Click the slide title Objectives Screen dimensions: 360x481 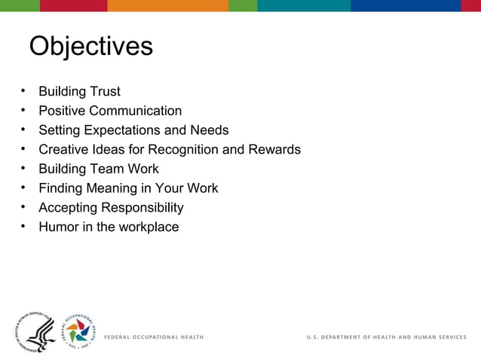pos(90,47)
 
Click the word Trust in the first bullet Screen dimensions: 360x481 pos(105,92)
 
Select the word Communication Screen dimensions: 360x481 pos(133,111)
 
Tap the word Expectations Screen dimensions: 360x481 pos(127,130)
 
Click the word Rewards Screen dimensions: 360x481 pos(275,150)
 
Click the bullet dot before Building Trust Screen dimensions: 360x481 pos(23,92)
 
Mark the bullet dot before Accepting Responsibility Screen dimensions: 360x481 pos(23,208)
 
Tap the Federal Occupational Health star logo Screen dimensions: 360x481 pos(78,331)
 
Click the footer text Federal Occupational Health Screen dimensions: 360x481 pos(153,337)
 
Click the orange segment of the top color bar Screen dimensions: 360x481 pos(167,5)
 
